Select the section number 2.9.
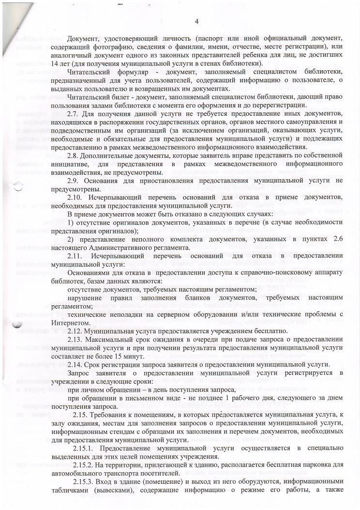click(x=75, y=181)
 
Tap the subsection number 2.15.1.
click(x=83, y=448)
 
